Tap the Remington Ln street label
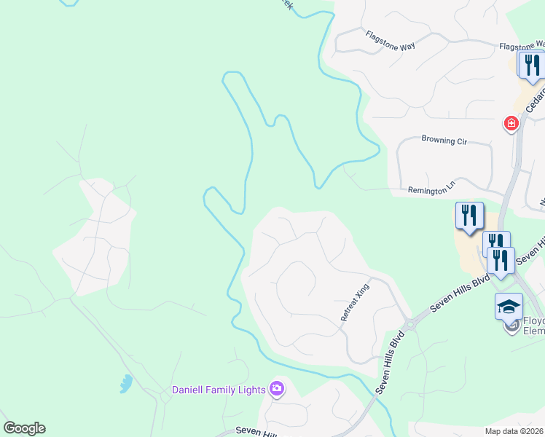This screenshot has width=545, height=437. (431, 188)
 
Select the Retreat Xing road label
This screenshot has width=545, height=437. (356, 303)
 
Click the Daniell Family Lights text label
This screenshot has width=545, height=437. (218, 390)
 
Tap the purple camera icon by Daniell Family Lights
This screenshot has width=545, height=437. (277, 389)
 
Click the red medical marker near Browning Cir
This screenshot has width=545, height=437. (511, 124)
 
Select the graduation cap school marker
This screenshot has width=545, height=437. (509, 307)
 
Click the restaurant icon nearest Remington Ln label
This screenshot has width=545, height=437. (470, 215)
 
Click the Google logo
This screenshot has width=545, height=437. (24, 428)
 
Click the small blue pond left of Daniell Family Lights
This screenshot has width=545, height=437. (126, 383)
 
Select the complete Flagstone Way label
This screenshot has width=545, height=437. (391, 40)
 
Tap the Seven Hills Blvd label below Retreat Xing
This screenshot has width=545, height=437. (390, 364)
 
